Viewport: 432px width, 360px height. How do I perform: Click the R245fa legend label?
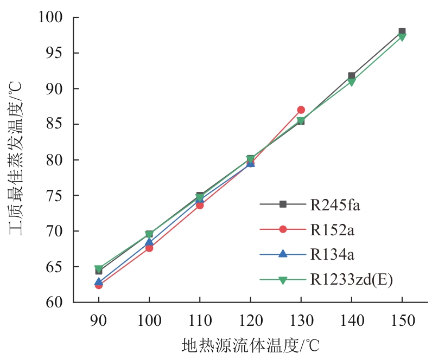click(x=335, y=205)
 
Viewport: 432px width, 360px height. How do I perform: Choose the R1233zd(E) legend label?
click(x=351, y=280)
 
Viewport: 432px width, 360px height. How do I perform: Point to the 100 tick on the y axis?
click(x=52, y=18)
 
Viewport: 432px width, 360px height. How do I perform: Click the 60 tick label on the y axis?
click(x=57, y=302)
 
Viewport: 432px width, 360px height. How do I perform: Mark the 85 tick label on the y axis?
click(x=57, y=124)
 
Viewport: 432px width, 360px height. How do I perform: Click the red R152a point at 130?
click(x=301, y=110)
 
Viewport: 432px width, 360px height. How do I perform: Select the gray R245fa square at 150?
click(x=402, y=31)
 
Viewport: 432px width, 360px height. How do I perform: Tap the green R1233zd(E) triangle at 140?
click(x=352, y=82)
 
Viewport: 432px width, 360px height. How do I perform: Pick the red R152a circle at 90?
click(x=98, y=285)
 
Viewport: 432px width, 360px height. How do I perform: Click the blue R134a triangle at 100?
click(x=149, y=242)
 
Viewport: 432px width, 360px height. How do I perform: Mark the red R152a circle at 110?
click(x=200, y=205)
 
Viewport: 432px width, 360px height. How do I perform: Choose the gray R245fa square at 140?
click(x=352, y=76)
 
